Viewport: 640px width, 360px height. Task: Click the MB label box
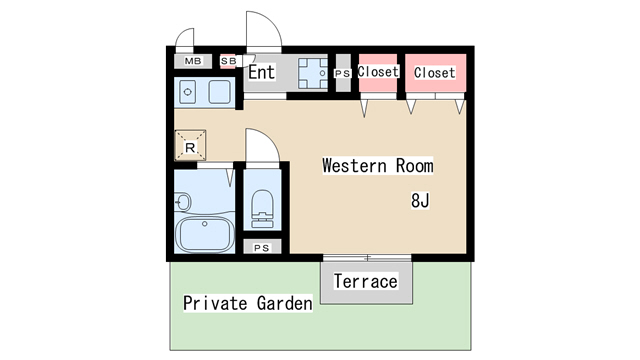point(193,61)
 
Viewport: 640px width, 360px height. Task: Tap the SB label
point(228,61)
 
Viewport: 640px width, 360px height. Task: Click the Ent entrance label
point(262,72)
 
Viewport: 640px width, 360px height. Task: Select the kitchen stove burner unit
point(313,73)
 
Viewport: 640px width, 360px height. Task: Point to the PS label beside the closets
point(342,73)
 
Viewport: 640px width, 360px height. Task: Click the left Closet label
point(378,71)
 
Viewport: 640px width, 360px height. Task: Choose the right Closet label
point(434,73)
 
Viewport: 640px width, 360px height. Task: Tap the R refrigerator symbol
point(190,145)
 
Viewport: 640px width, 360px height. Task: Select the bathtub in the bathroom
point(205,234)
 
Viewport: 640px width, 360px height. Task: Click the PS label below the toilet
point(262,248)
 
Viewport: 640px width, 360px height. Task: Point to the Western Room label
point(378,166)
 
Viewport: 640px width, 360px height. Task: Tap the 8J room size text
point(420,201)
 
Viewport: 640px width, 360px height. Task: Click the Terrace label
point(366,282)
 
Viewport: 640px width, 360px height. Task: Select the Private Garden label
point(248,303)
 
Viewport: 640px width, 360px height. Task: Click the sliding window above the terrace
point(367,258)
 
